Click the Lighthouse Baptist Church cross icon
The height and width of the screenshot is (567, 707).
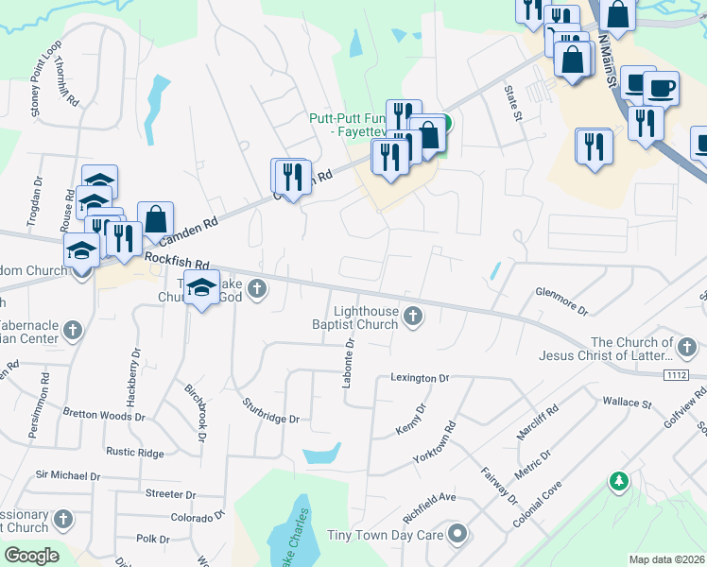click(x=412, y=316)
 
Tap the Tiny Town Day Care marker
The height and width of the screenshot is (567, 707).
click(x=458, y=535)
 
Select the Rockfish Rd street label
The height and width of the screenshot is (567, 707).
click(x=177, y=261)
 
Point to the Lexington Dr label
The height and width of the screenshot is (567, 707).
click(x=420, y=378)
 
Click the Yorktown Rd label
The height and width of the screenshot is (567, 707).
click(x=435, y=441)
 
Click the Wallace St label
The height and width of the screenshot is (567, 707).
click(x=628, y=403)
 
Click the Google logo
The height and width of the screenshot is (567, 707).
click(x=31, y=556)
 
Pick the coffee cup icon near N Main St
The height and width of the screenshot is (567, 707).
click(x=661, y=88)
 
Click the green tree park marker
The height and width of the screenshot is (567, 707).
click(x=619, y=482)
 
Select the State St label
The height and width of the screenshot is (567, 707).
click(x=512, y=104)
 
